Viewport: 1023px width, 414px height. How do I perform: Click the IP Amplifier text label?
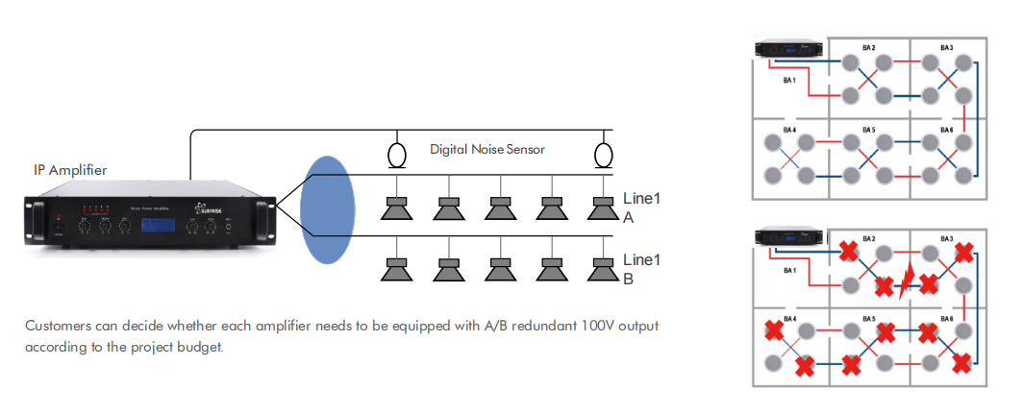pos(70,170)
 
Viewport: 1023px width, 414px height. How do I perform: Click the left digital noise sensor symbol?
pos(395,154)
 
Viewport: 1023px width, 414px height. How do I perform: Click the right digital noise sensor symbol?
pos(603,154)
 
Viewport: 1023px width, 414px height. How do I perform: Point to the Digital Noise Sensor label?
pos(487,150)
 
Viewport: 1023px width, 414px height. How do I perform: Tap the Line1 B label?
pos(642,269)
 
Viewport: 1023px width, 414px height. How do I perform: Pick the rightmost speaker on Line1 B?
pos(603,269)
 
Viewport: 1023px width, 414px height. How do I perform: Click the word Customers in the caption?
pos(57,326)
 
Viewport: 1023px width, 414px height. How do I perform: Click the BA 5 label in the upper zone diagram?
pos(868,129)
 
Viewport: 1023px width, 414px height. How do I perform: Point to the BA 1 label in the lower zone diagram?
pos(789,272)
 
